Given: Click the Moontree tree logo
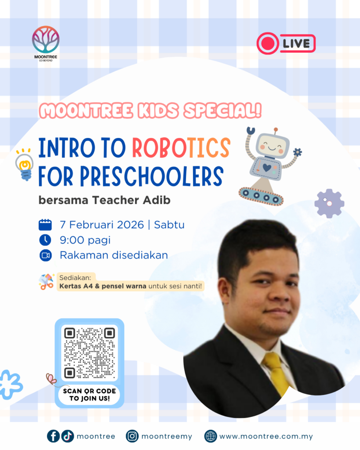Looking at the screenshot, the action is (46, 40).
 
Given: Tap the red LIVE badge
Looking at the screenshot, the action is (286, 44).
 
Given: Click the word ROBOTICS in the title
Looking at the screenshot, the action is (181, 148).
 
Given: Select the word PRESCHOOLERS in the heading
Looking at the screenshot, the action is (152, 176).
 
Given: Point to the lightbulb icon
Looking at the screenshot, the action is (25, 165).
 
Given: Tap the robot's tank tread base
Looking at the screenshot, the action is (261, 196).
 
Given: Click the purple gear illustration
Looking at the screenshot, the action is (329, 203).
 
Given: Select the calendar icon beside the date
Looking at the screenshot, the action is (45, 225).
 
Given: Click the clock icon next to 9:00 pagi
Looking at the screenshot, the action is (45, 240).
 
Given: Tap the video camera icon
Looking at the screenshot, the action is (45, 255).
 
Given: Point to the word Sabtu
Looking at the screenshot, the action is (169, 225).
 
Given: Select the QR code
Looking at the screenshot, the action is (90, 353).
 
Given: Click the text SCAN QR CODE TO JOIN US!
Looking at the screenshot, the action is (90, 395).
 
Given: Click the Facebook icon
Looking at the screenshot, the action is (53, 436).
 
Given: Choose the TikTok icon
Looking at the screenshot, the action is (67, 436).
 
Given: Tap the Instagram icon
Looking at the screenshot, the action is (132, 436).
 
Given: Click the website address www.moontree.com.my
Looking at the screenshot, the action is (266, 436).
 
